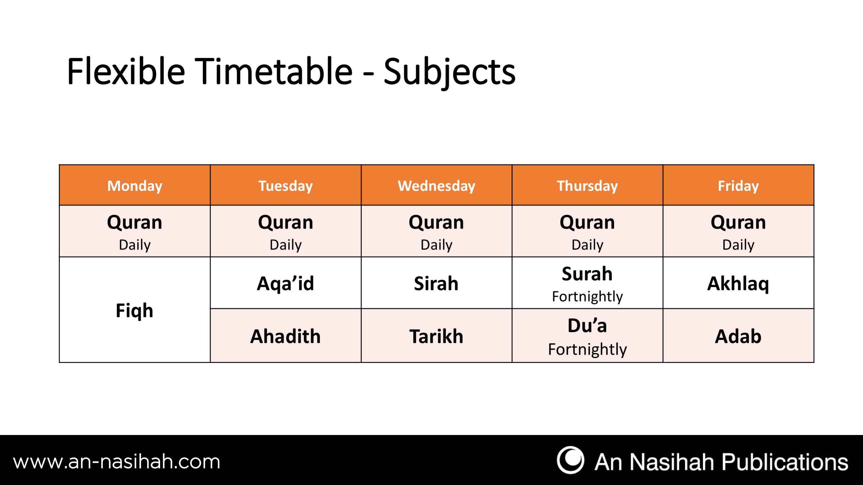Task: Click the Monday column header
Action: click(x=135, y=185)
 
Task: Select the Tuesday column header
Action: click(x=285, y=185)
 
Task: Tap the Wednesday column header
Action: click(x=437, y=185)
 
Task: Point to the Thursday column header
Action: click(x=587, y=185)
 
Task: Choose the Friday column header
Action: click(x=738, y=185)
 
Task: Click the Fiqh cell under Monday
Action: click(x=135, y=310)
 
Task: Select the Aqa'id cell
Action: click(x=285, y=283)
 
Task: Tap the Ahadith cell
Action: click(x=285, y=336)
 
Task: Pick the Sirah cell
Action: click(x=437, y=283)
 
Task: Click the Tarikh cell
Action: click(x=437, y=336)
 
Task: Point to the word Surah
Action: click(x=587, y=273)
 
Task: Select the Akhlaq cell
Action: click(x=738, y=283)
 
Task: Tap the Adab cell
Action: click(x=738, y=336)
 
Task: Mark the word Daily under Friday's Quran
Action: click(x=738, y=245)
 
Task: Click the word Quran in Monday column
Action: click(x=135, y=222)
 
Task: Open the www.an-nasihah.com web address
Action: click(x=117, y=462)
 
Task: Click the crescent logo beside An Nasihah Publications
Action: click(x=570, y=460)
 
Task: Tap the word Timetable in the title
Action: click(x=273, y=71)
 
